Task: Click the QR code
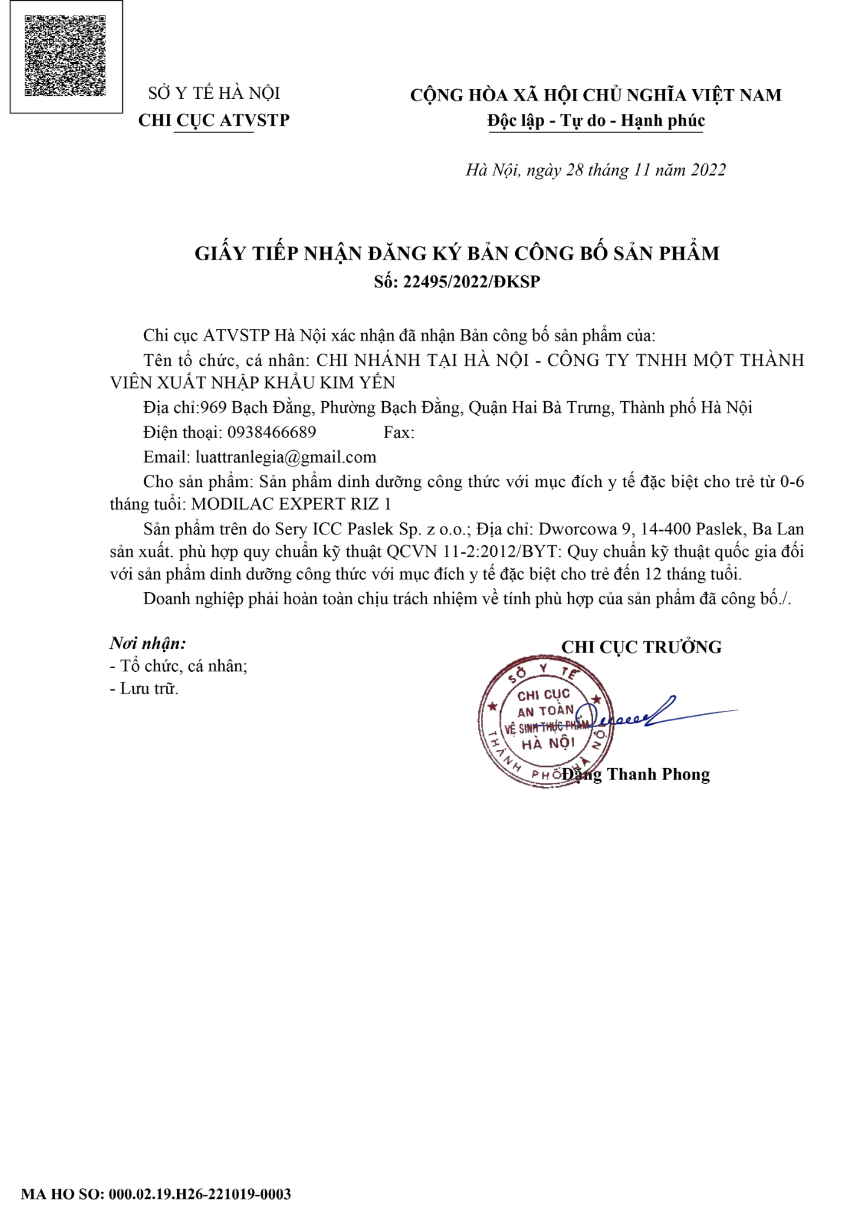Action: (x=65, y=55)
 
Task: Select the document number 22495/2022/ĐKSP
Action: (x=471, y=282)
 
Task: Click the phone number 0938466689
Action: (x=271, y=432)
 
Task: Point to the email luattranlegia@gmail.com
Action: (x=286, y=457)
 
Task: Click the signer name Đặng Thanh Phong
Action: (x=636, y=774)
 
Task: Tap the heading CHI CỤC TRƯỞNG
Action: (x=641, y=647)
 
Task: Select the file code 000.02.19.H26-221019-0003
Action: (x=199, y=1194)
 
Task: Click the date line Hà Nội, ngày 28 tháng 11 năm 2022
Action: (x=595, y=170)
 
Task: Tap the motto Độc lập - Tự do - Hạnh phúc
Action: (x=596, y=120)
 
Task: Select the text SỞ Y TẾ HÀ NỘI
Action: (x=214, y=93)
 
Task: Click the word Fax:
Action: (x=398, y=433)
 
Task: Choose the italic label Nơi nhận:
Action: (x=148, y=643)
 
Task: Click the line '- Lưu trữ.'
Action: (x=144, y=689)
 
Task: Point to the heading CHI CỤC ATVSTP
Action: (x=214, y=120)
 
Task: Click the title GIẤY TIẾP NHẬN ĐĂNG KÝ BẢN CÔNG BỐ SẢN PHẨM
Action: (x=457, y=253)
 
